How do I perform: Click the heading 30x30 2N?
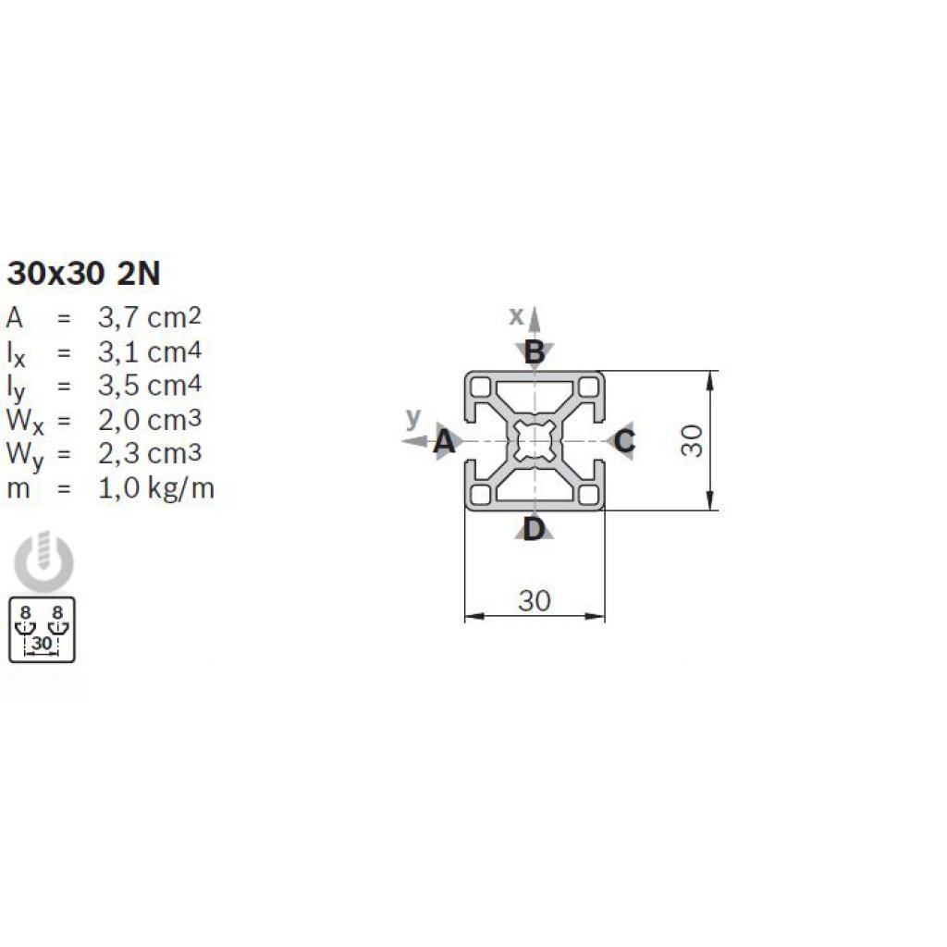[x=84, y=274]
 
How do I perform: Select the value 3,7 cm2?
[x=149, y=317]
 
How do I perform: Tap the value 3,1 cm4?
[x=149, y=351]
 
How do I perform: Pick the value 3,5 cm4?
[x=149, y=386]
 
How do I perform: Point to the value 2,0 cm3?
[x=149, y=419]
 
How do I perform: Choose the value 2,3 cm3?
[x=149, y=453]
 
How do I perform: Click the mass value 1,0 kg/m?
[x=155, y=488]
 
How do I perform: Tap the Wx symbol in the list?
[x=25, y=422]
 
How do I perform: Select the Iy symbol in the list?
[x=17, y=388]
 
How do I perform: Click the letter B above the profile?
[x=535, y=352]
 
